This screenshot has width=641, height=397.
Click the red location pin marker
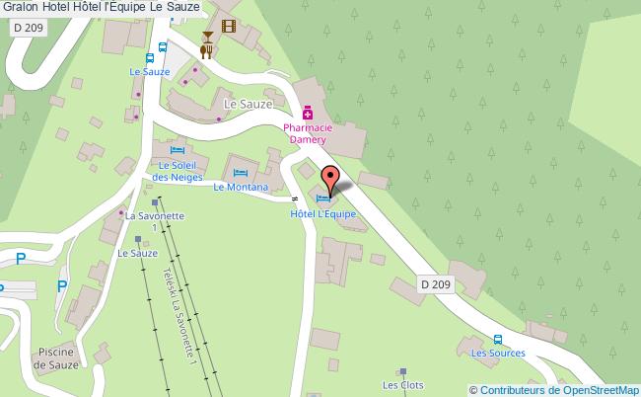coord(330,181)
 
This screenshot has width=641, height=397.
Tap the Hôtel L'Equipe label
coord(322,213)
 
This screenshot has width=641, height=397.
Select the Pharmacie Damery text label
coord(308,134)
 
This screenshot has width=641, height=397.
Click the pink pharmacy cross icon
coord(308,115)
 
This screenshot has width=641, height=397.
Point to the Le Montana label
coord(240,187)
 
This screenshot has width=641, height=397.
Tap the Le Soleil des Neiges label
coord(178,171)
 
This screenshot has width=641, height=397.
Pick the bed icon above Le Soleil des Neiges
coord(178,150)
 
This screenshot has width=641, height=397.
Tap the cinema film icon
coord(229,27)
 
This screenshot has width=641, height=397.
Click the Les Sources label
coord(497,353)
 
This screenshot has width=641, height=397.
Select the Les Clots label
coord(402,385)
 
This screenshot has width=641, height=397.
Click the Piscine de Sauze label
coord(56,358)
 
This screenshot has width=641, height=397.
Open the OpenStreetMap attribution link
coord(553,389)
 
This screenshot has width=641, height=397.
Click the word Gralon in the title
coord(20,7)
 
